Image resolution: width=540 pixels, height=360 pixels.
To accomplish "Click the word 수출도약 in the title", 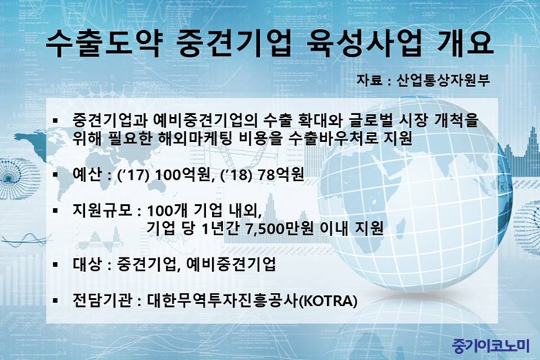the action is pos(103,44).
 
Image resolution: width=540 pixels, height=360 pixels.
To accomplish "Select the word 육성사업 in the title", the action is pos(364,44).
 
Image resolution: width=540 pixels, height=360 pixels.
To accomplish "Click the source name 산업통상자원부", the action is pos(444,80).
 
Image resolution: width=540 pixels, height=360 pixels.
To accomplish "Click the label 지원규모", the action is pos(103,210).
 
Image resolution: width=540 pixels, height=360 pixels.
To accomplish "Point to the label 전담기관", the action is pos(103,300).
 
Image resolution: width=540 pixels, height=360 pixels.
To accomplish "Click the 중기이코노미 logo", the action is pos(491,346).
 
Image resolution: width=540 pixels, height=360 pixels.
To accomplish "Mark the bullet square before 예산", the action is pos(56,174).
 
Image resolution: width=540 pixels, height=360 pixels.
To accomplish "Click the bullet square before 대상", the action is pos(56,264).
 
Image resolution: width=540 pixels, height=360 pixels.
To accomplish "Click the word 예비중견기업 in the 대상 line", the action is pos(231,264).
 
